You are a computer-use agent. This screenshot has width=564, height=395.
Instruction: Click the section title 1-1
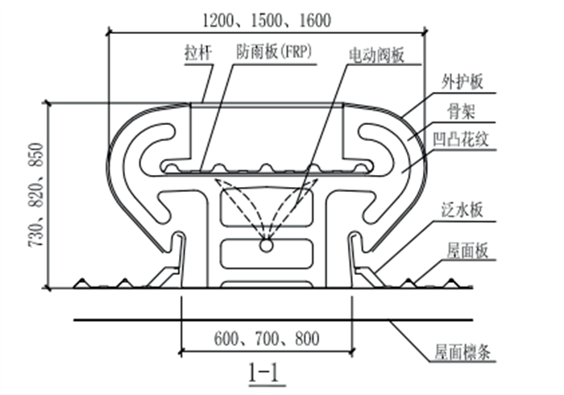click(x=265, y=372)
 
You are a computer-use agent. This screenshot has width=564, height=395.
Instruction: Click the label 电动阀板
click(x=375, y=55)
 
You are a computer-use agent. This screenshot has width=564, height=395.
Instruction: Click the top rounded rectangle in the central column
click(x=265, y=206)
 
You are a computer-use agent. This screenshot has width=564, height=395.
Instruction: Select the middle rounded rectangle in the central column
click(x=265, y=252)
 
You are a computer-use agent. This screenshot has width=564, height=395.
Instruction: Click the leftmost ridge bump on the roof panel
click(x=81, y=283)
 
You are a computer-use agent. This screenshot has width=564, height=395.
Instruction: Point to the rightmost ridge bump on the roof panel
click(x=450, y=283)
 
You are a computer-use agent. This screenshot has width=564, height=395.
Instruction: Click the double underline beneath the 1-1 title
click(x=265, y=385)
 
